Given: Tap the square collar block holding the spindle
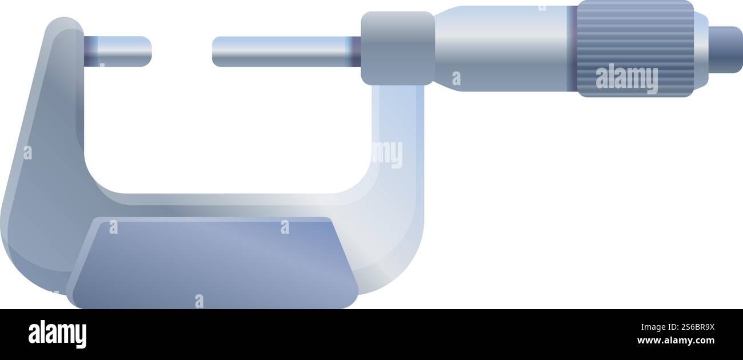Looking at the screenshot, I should click(397, 49).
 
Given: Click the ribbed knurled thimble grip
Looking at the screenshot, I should click(634, 34).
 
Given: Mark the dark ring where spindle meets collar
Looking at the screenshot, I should click(355, 51).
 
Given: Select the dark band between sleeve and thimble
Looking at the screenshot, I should click(572, 49).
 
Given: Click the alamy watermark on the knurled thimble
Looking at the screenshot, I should click(626, 79).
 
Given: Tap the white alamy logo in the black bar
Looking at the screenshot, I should click(57, 334).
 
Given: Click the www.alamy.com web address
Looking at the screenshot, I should click(676, 341).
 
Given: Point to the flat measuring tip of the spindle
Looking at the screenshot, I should click(214, 51).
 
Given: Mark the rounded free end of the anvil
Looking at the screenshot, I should click(147, 51).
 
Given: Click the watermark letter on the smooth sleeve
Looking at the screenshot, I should click(456, 78).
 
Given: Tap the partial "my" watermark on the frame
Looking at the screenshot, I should click(388, 154).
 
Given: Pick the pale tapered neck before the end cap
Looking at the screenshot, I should click(701, 50).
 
